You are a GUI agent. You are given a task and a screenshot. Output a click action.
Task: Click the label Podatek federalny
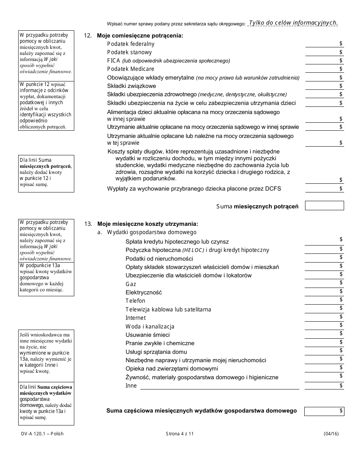click(131, 44)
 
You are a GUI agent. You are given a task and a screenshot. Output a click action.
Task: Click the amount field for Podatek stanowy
click(324, 52)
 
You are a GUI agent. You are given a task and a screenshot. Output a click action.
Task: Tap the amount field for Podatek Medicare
click(324, 69)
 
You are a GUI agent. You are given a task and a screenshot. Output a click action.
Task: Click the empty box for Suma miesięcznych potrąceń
click(324, 206)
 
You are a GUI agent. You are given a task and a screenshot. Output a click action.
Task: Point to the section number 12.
click(88, 36)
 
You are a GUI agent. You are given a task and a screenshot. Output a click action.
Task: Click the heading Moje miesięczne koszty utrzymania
click(147, 224)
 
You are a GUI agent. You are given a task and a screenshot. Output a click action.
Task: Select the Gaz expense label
click(131, 284)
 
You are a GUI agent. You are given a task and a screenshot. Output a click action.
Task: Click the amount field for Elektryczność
click(324, 292)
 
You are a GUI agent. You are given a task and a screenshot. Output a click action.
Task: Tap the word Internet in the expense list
click(135, 318)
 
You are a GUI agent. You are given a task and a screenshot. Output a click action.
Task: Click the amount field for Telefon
click(324, 300)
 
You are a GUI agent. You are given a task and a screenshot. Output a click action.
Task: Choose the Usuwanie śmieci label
click(147, 335)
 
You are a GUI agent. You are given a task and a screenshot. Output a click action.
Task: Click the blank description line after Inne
click(219, 386)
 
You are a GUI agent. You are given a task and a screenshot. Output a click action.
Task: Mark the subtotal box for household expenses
click(324, 411)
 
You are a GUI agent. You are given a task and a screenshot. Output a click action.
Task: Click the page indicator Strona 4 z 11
click(180, 434)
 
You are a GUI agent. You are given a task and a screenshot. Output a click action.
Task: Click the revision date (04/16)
click(331, 434)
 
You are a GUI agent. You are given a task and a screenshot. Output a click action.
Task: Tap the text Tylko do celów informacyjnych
click(293, 23)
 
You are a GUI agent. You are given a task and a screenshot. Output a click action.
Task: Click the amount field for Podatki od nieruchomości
click(324, 258)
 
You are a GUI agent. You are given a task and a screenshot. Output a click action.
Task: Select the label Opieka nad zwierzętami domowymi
click(172, 369)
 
